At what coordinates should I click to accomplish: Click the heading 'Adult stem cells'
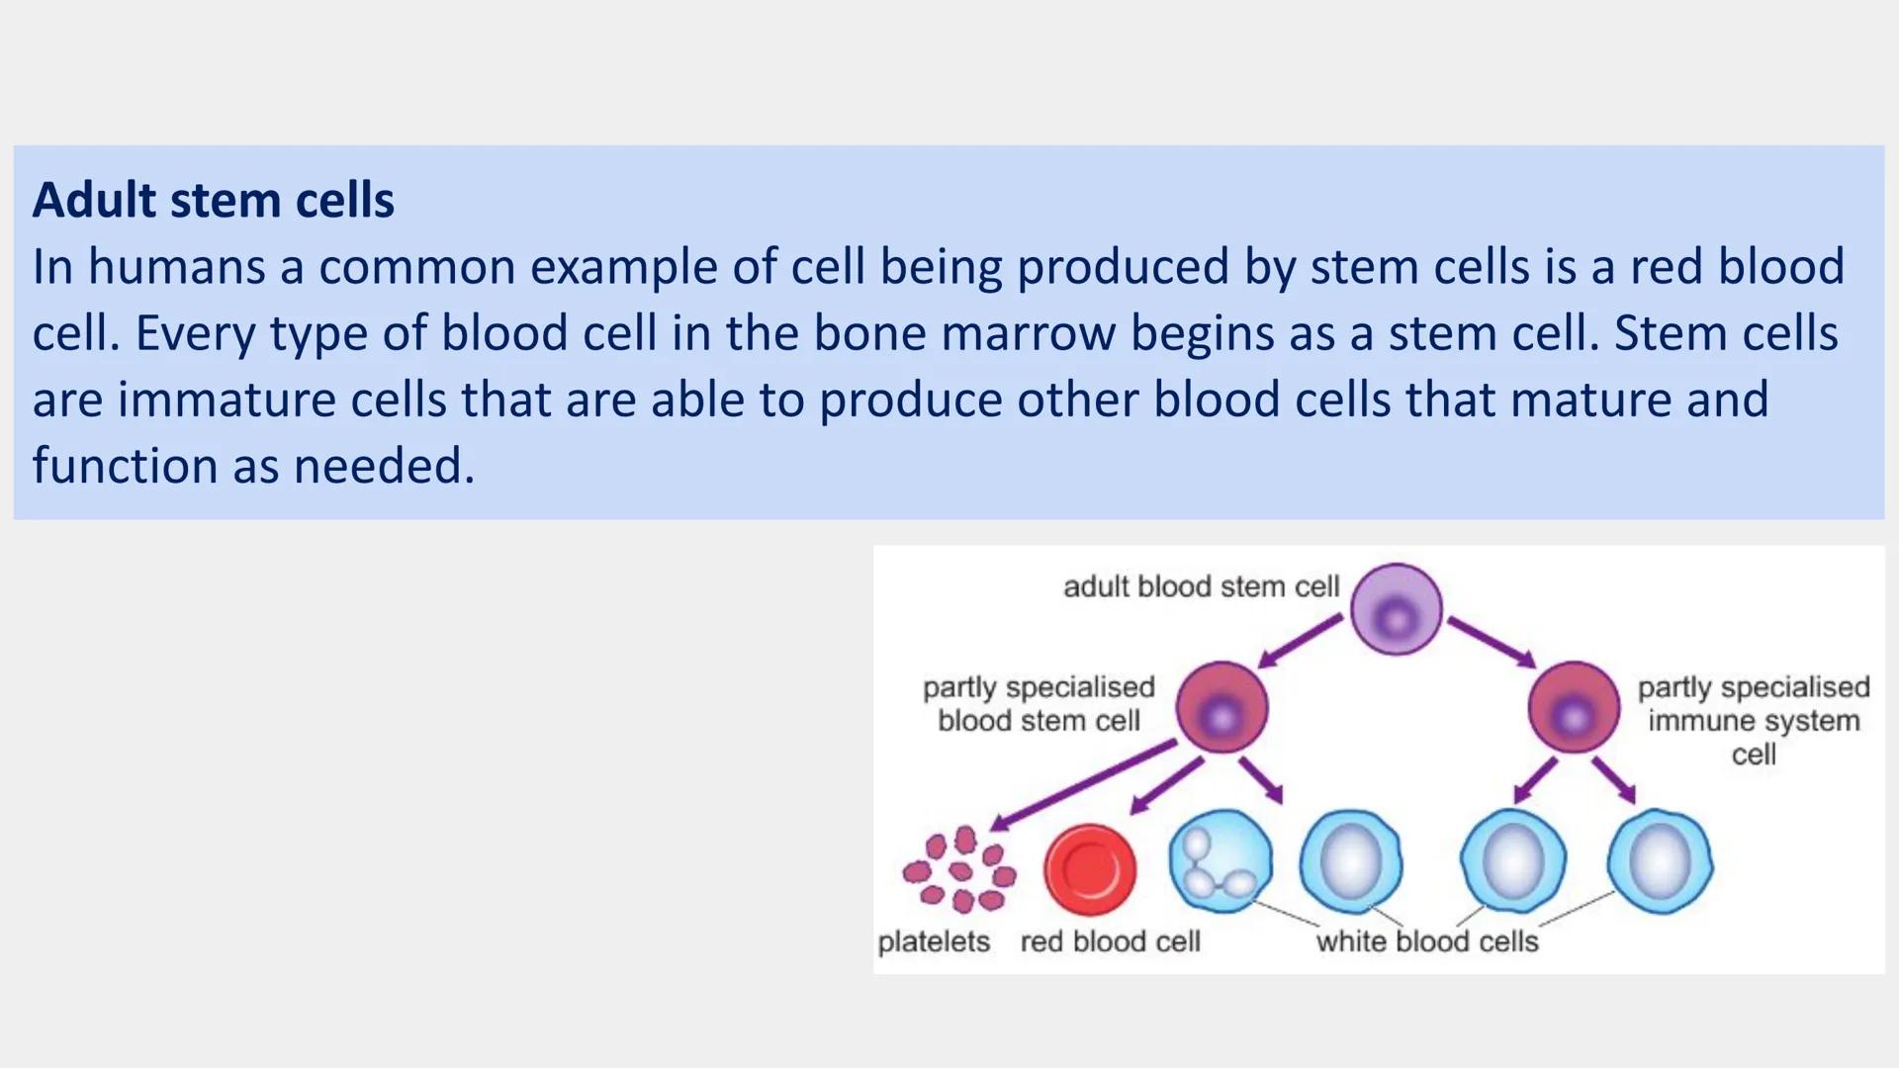coord(213,201)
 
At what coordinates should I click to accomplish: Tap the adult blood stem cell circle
coord(1396,609)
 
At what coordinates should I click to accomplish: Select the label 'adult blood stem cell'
coord(1201,586)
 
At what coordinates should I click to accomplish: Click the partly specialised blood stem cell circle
coord(1221,708)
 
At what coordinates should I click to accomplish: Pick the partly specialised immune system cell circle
coord(1574,708)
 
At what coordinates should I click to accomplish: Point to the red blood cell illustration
coord(1089,869)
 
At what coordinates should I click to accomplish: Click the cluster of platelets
coord(958,870)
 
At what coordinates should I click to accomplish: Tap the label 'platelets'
coord(934,941)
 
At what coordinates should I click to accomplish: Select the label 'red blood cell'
coord(1110,941)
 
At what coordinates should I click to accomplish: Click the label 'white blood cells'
coord(1426,941)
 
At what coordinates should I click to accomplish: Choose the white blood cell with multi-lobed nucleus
coord(1220,860)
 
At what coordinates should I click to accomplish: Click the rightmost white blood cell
coord(1660,860)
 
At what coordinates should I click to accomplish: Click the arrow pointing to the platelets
coord(1082,786)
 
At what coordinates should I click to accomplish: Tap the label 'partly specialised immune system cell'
coord(1754,720)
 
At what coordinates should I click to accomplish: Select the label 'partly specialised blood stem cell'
coord(1039,703)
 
